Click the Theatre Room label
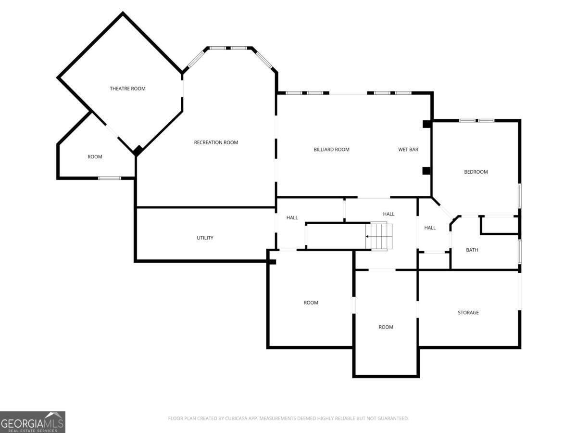127,89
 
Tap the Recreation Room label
216,142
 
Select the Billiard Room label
331,150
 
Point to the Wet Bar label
408,150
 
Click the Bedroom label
476,172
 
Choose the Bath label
472,250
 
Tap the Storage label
468,313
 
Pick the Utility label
205,238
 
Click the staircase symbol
379,237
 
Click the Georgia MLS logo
33,422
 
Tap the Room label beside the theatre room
95,157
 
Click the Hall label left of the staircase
292,217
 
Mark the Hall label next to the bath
430,228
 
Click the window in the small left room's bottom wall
110,178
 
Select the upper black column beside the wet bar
426,124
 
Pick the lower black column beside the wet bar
426,171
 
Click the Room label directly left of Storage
386,327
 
